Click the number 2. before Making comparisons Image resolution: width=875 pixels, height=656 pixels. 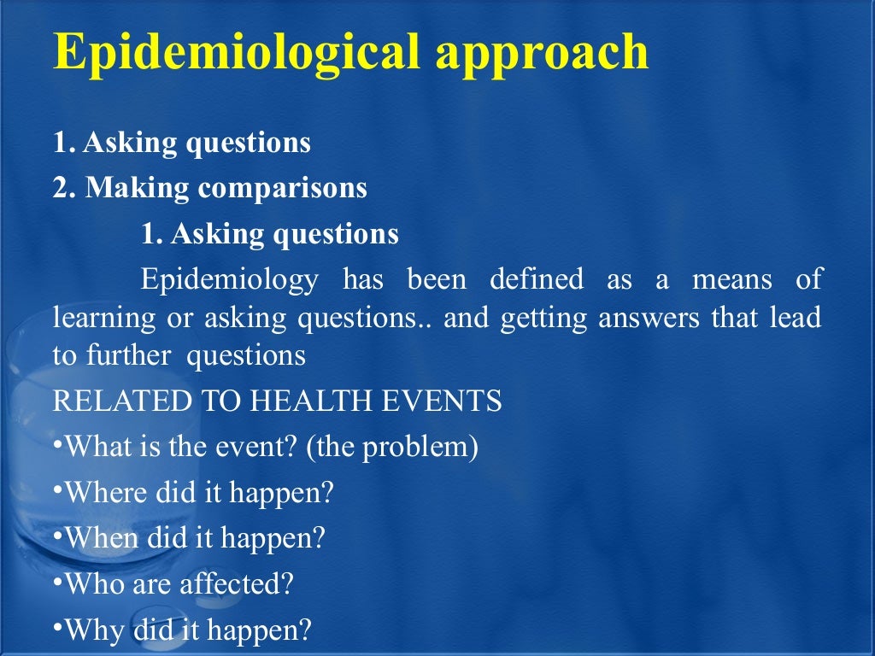(x=64, y=188)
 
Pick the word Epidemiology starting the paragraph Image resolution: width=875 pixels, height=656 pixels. (x=230, y=280)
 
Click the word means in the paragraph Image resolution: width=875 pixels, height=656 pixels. (x=731, y=278)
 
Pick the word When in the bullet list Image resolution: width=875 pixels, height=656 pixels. (x=100, y=538)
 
